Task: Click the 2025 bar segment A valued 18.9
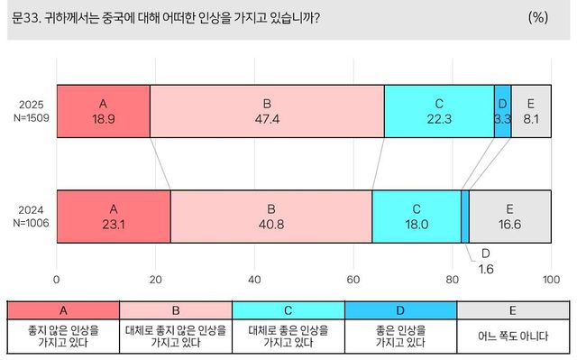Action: point(104,112)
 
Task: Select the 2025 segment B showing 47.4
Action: point(267,112)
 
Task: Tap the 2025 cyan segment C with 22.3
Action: point(438,112)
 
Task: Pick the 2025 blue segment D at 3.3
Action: point(502,112)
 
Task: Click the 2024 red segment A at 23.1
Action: point(114,217)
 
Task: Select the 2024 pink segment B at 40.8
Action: point(270,217)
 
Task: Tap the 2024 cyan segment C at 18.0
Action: point(416,217)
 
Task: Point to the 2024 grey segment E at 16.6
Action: point(509,217)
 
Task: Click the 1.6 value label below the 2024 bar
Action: point(484,268)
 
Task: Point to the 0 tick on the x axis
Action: point(57,280)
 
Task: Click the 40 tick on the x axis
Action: point(255,280)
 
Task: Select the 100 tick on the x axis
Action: point(550,280)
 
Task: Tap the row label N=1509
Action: point(29,119)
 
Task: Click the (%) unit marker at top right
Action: point(538,16)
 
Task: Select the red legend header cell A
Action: point(62,309)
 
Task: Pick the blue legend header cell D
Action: point(400,309)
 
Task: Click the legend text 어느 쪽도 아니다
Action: point(513,337)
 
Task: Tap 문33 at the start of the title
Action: point(26,16)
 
